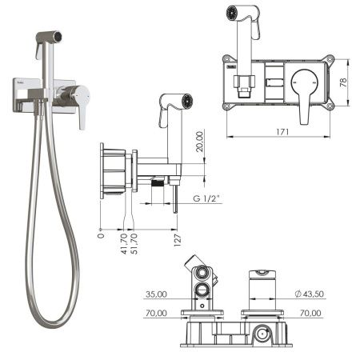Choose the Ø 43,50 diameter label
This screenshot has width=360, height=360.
pyautogui.click(x=310, y=294)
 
